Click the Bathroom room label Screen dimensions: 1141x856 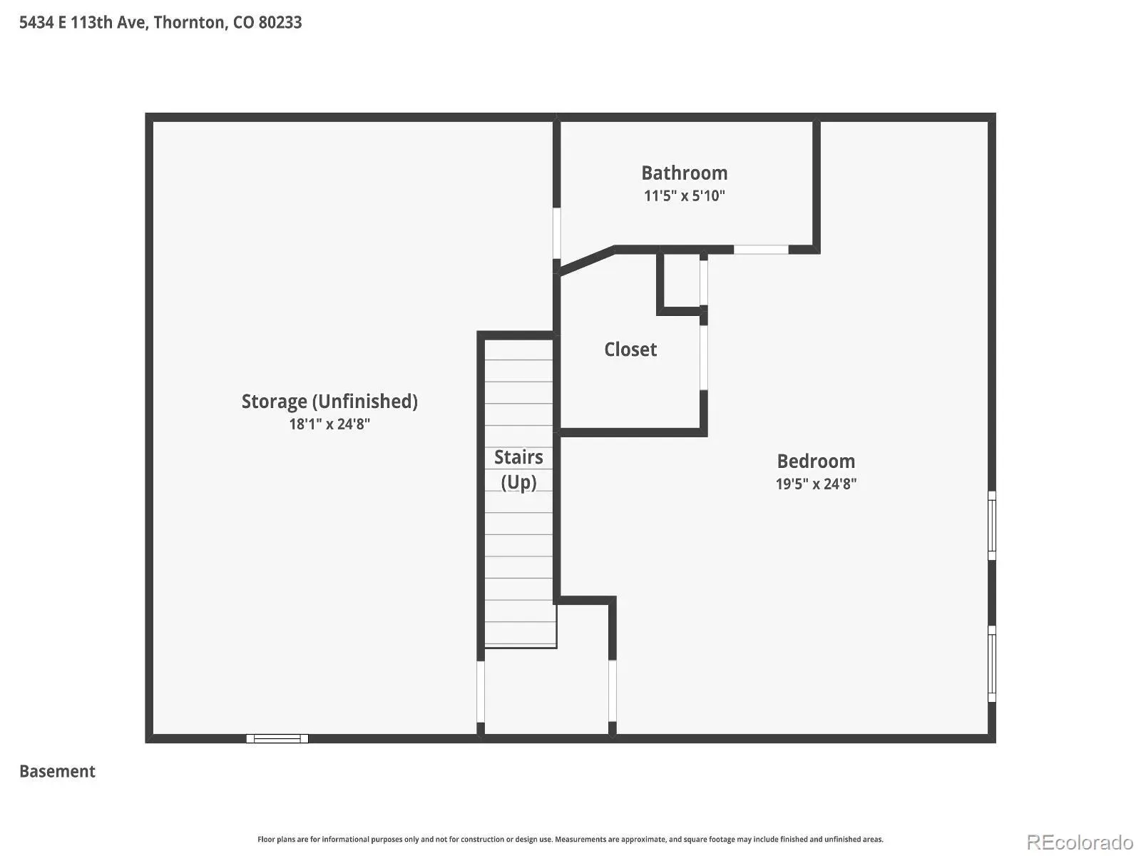[684, 173]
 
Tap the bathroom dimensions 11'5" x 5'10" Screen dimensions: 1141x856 [684, 195]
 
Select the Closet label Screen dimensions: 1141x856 [630, 350]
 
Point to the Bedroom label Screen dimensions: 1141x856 [816, 461]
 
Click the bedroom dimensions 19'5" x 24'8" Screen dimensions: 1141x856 [816, 484]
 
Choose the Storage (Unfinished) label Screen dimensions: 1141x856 [329, 402]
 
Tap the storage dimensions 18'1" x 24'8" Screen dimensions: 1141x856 [329, 424]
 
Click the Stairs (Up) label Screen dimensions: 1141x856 [518, 470]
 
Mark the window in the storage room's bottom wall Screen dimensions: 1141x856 [277, 738]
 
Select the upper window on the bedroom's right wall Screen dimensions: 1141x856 [991, 526]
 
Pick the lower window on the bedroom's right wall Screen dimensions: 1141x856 [991, 663]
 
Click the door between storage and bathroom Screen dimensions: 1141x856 [556, 233]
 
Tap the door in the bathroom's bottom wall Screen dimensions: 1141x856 [760, 250]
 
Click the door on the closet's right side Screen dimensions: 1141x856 [703, 357]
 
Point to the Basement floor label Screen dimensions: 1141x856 [57, 771]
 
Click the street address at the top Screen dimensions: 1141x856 [160, 22]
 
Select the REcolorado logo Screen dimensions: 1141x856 [1080, 842]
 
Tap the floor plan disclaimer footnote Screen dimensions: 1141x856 [570, 840]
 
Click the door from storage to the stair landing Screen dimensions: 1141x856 [481, 691]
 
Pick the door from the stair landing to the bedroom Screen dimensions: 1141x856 [613, 691]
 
